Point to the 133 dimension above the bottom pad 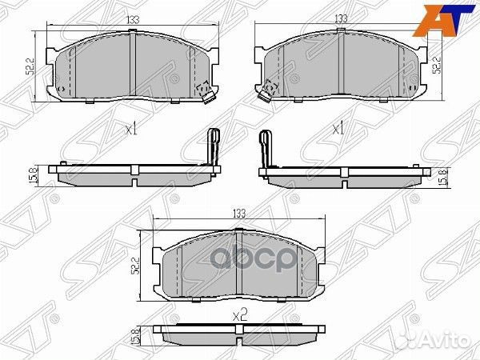click(x=238, y=214)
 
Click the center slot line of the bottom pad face click(x=238, y=264)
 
